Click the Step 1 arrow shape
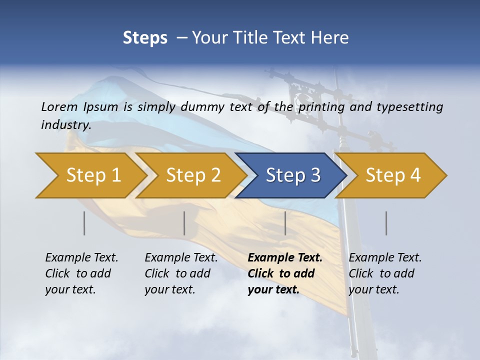coord(90,175)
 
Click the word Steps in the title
coord(145,37)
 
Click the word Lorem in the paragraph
coord(59,106)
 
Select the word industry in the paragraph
coord(66,125)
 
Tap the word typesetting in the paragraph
coord(409,107)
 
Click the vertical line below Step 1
coord(84,223)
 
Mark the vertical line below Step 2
coord(184,223)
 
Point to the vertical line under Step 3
coord(285,223)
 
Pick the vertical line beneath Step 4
coord(386,223)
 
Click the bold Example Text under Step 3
coord(285,257)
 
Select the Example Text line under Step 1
coord(81,257)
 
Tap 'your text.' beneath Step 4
coord(374,289)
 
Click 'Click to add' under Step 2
coord(177,273)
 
